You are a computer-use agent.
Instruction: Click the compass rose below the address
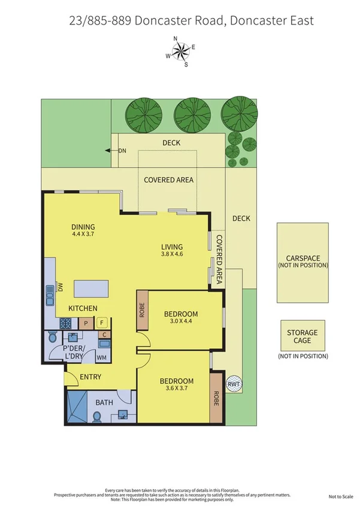point(180,52)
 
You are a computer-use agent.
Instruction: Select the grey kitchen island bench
point(93,290)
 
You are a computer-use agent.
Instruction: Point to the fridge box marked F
point(101,323)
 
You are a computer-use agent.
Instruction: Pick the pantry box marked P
point(86,323)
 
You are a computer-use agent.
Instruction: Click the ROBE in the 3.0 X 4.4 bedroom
point(142,310)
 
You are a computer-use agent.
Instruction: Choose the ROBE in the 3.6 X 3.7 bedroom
point(216,397)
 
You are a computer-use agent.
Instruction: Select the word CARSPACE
point(302,258)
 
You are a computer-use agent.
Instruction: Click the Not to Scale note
point(341,496)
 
